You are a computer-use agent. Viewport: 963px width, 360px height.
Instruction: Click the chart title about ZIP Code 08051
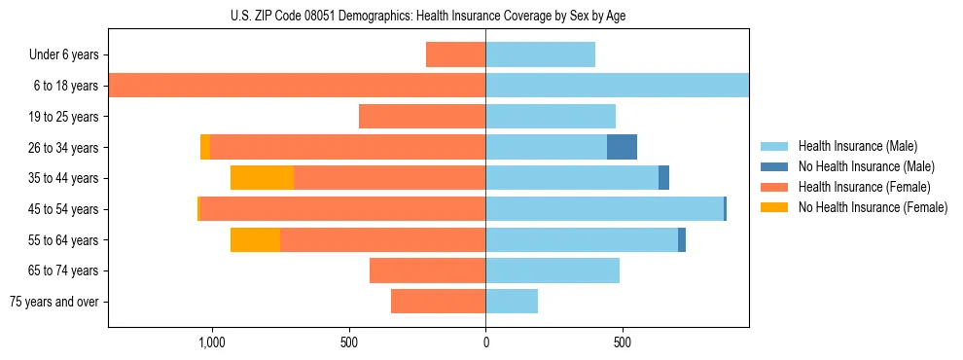tap(428, 16)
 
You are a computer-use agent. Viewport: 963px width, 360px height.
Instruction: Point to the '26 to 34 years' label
tap(63, 148)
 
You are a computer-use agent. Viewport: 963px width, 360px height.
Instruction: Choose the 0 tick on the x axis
tap(485, 342)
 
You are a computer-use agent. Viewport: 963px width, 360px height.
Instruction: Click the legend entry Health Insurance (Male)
tap(857, 146)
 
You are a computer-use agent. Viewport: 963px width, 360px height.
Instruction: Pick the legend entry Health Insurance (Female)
tap(864, 187)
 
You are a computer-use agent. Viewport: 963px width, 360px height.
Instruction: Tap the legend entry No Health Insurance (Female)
tap(873, 207)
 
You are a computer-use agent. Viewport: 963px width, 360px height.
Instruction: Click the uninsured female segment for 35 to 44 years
tap(262, 178)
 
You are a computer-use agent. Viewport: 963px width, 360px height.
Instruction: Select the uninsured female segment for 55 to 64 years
tap(255, 239)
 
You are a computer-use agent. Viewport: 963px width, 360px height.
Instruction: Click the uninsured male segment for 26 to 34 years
tap(622, 147)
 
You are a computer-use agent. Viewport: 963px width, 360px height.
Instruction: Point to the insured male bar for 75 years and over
tap(512, 301)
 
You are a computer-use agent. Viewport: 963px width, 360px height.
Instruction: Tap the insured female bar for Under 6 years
tap(455, 54)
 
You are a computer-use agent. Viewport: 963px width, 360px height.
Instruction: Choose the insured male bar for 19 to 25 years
tap(551, 116)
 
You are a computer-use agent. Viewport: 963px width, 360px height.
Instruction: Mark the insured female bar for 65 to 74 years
tap(427, 270)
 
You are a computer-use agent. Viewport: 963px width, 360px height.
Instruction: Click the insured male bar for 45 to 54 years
tap(604, 208)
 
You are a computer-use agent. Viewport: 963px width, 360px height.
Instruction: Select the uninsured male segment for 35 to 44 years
tap(663, 178)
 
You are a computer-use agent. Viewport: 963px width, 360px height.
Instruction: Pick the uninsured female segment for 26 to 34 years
tap(204, 147)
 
